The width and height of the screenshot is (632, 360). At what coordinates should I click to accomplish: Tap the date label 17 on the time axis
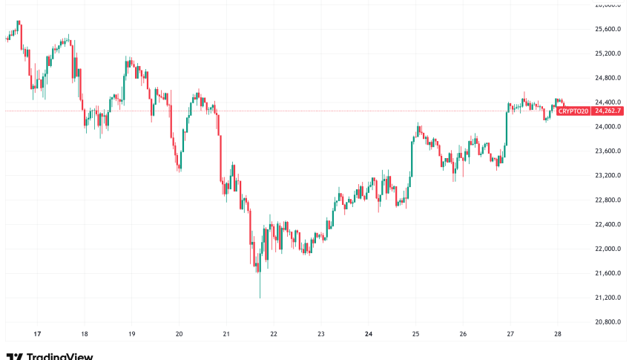37,334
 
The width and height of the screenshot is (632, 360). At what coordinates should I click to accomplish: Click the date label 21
226,334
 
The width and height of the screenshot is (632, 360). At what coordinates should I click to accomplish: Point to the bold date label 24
369,334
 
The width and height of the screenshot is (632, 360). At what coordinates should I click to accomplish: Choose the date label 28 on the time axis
558,334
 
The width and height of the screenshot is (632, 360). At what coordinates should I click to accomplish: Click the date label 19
132,334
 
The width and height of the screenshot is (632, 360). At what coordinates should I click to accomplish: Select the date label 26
464,334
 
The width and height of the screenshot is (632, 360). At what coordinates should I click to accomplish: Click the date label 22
274,334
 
